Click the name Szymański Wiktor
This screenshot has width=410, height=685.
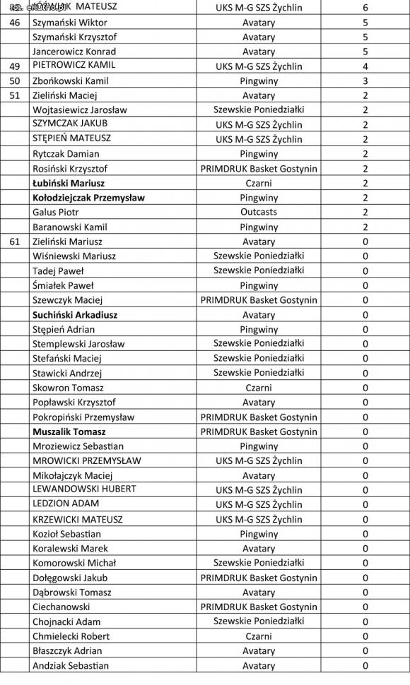[64, 22]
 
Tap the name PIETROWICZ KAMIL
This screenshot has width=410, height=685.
[74, 66]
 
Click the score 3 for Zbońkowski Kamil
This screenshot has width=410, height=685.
[365, 81]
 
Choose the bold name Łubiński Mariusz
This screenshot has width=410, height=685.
[69, 183]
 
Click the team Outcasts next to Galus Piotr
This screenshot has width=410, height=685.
[259, 212]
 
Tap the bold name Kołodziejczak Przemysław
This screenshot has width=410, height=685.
[88, 198]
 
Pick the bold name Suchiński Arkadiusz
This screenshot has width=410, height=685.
[75, 314]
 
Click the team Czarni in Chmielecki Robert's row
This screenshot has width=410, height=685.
[259, 636]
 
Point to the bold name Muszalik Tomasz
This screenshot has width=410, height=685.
[69, 431]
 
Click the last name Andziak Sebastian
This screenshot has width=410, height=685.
[71, 665]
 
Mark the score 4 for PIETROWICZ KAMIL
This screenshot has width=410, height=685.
[365, 66]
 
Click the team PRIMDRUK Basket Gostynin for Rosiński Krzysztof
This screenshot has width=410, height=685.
[259, 168]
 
